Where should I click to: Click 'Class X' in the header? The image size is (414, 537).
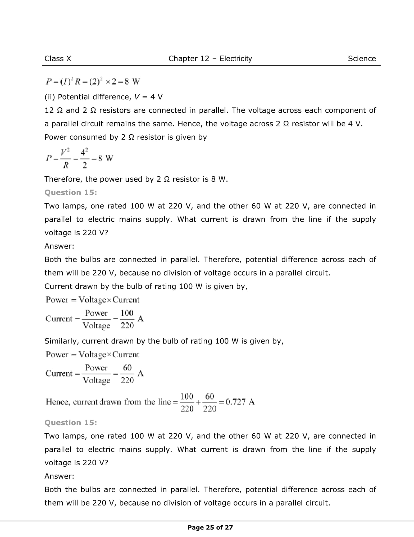pyautogui.click(x=58, y=58)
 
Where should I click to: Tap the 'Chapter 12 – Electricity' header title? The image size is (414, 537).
pyautogui.click(x=210, y=58)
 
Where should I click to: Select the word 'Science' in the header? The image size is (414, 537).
pyautogui.click(x=362, y=58)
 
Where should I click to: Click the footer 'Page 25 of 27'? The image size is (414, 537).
pyautogui.click(x=210, y=527)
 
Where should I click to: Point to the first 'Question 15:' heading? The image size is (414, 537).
pyautogui.click(x=71, y=192)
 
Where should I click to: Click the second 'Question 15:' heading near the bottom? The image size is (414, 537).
pyautogui.click(x=71, y=423)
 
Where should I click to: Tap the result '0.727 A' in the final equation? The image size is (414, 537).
pyautogui.click(x=240, y=402)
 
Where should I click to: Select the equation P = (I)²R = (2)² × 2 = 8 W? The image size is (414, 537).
pyautogui.click(x=93, y=81)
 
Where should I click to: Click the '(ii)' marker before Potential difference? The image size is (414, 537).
pyautogui.click(x=49, y=97)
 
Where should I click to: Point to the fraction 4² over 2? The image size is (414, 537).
pyautogui.click(x=84, y=159)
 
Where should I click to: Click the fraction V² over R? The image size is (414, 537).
pyautogui.click(x=65, y=159)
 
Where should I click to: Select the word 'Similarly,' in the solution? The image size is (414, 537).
pyautogui.click(x=62, y=341)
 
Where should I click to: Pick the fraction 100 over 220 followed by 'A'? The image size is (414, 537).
pyautogui.click(x=127, y=319)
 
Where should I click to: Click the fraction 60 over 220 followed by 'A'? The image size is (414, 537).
pyautogui.click(x=127, y=374)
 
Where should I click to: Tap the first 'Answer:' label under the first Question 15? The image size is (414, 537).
pyautogui.click(x=59, y=246)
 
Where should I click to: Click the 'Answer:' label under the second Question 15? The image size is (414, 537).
pyautogui.click(x=59, y=476)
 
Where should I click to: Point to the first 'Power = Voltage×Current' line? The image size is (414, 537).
pyautogui.click(x=92, y=300)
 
